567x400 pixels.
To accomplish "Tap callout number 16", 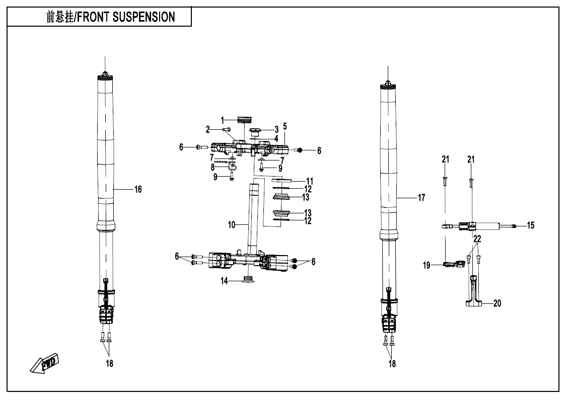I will (137, 190).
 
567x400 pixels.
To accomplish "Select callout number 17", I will (421, 198).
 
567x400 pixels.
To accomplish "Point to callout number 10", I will (231, 225).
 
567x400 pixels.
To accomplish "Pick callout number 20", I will (497, 303).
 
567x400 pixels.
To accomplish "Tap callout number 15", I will (530, 226).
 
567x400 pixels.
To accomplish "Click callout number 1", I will (222, 120).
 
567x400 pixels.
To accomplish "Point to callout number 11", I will (310, 180).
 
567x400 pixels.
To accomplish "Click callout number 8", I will (212, 167).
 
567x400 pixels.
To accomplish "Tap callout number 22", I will (477, 239).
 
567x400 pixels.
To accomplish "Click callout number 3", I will (276, 129).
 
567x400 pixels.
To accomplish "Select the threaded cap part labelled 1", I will (244, 120).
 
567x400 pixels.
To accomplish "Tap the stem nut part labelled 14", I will (247, 280).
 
